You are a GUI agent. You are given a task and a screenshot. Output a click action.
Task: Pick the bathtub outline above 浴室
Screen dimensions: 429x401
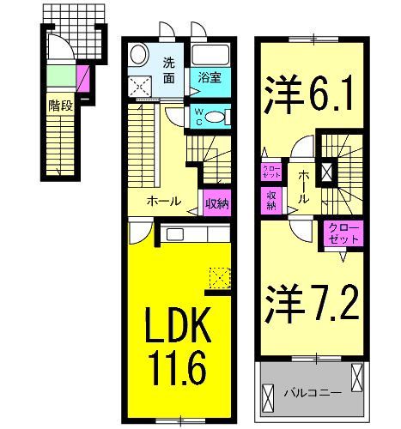pyautogui.click(x=210, y=57)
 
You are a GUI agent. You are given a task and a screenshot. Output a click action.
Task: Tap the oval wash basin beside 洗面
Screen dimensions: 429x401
pyautogui.click(x=137, y=56)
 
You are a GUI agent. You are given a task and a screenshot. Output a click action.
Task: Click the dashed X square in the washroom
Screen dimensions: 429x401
pyautogui.click(x=138, y=85)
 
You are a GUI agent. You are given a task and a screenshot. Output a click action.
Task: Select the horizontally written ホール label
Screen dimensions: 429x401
pyautogui.click(x=163, y=202)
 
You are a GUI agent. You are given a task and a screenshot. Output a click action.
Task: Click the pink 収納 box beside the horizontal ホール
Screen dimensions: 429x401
pyautogui.click(x=216, y=203)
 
